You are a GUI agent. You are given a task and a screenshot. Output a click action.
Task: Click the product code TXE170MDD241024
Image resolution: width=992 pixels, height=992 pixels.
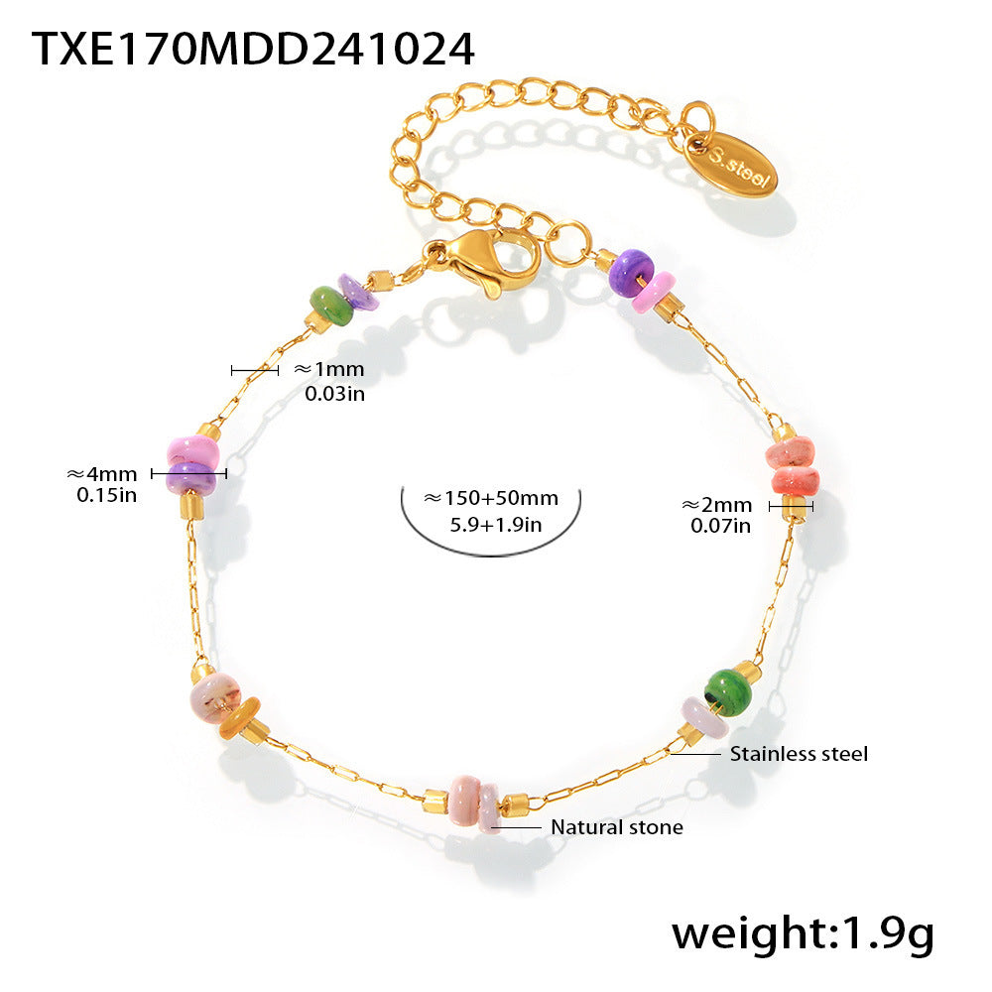click(253, 49)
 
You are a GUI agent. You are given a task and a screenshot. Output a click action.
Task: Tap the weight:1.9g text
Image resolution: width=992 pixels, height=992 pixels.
click(802, 933)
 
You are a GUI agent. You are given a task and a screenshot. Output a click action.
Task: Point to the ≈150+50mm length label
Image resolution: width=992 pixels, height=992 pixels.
click(491, 498)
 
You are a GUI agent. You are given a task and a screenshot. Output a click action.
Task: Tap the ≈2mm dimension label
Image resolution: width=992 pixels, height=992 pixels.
click(716, 505)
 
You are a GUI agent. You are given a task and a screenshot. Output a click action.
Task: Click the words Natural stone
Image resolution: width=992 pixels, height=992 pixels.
click(617, 826)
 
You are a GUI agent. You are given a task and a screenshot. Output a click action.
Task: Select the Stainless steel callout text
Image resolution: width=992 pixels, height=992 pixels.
click(799, 754)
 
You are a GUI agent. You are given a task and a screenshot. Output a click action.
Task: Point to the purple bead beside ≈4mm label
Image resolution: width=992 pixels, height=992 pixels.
click(190, 480)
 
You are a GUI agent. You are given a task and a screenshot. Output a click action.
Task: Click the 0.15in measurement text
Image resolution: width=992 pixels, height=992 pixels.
click(106, 494)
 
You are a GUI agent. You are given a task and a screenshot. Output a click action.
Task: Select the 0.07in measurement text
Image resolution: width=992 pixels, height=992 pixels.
click(720, 525)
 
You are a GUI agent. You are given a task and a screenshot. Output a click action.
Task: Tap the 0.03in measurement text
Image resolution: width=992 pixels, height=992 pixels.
click(334, 393)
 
